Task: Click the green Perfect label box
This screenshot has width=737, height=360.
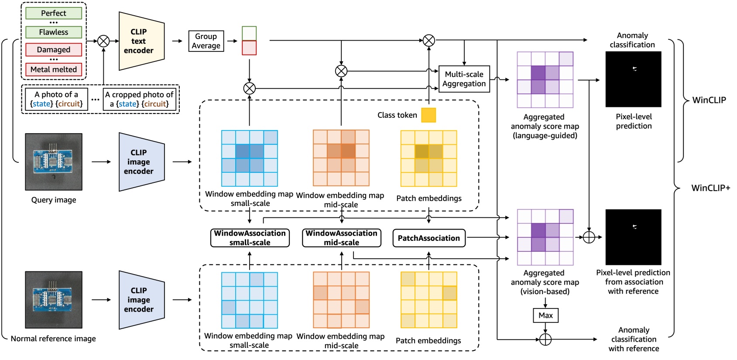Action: click(x=54, y=13)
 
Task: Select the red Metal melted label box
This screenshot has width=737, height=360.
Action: click(x=54, y=69)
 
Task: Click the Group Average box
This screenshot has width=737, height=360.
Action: click(x=206, y=41)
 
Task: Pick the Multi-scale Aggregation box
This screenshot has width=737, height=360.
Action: click(x=464, y=79)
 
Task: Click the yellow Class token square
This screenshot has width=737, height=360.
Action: click(x=428, y=115)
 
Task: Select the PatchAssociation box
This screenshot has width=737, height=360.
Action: click(x=428, y=238)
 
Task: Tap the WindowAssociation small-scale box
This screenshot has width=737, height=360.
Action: click(x=250, y=238)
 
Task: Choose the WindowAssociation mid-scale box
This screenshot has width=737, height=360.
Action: click(x=341, y=238)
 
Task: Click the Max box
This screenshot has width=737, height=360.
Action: click(x=545, y=315)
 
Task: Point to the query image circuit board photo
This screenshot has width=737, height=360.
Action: click(x=54, y=162)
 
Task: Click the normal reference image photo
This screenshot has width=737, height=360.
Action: click(x=54, y=300)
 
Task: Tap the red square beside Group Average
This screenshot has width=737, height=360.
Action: click(x=249, y=48)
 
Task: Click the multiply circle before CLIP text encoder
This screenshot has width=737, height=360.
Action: click(x=103, y=41)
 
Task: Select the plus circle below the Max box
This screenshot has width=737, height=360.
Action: click(x=545, y=339)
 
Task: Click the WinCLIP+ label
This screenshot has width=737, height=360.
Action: click(x=710, y=188)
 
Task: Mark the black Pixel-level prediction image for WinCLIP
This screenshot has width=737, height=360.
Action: click(x=633, y=79)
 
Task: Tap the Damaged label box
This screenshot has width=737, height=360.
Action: click(x=54, y=50)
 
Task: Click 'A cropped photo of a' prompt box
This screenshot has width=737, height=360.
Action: click(x=139, y=99)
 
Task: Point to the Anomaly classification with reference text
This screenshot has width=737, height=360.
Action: click(x=634, y=339)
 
